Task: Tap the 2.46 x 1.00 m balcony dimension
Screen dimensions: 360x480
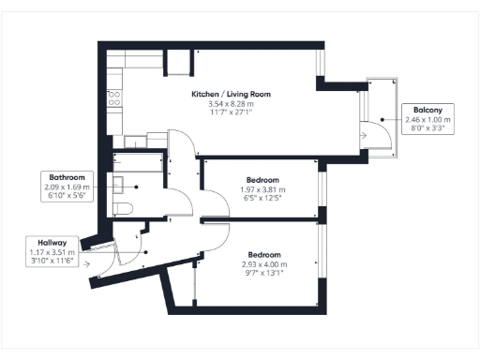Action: point(427,120)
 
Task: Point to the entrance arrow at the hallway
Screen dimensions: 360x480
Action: point(87,263)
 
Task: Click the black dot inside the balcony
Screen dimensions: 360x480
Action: point(383,119)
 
